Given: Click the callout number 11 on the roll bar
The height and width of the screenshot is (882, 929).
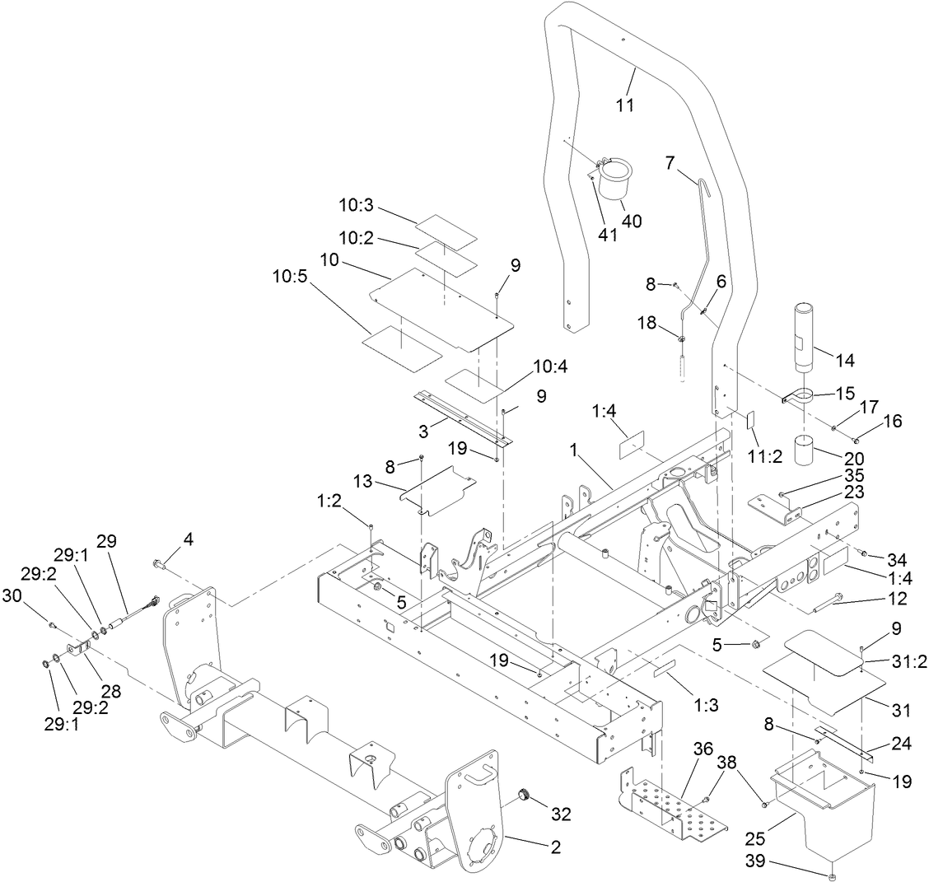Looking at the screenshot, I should coord(626,105).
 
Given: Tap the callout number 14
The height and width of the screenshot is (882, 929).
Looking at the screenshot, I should coord(844,359).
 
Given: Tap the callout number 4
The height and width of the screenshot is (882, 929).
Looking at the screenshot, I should coord(189,540).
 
